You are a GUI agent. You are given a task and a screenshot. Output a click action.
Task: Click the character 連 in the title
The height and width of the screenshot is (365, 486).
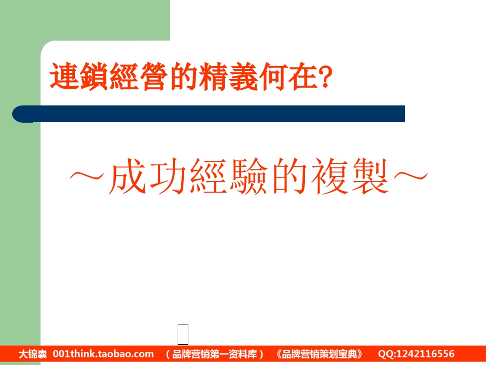tap(64, 77)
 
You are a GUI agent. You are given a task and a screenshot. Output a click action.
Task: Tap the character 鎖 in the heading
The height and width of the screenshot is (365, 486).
tap(94, 77)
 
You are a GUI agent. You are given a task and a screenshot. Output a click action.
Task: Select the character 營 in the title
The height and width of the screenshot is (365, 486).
tap(154, 77)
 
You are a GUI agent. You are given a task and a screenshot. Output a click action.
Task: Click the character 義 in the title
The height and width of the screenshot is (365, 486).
tap(244, 77)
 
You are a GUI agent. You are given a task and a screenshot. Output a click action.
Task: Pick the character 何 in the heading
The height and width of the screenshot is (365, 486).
tap(273, 77)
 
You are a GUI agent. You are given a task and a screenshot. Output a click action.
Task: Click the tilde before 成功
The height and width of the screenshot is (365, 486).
tap(87, 176)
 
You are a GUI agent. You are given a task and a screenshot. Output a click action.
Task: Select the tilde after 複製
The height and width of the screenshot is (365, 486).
tap(411, 176)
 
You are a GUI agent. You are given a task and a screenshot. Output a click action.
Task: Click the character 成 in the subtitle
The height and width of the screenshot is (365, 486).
tap(128, 176)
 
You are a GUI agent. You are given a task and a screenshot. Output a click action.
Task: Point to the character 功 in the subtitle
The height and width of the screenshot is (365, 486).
tap(168, 176)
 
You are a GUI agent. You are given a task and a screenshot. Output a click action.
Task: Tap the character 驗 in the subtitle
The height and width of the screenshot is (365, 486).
tap(249, 176)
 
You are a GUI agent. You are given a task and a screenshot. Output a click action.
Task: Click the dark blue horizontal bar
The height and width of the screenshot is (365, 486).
tap(209, 114)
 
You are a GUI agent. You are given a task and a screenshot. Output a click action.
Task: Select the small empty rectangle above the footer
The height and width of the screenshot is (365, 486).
tap(183, 334)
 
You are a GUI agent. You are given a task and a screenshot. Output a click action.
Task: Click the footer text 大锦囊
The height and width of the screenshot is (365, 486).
tap(33, 354)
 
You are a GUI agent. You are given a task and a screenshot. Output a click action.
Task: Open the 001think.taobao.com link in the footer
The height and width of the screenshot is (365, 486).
tap(103, 354)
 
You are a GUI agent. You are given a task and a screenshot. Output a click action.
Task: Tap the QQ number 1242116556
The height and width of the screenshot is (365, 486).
tap(425, 354)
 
